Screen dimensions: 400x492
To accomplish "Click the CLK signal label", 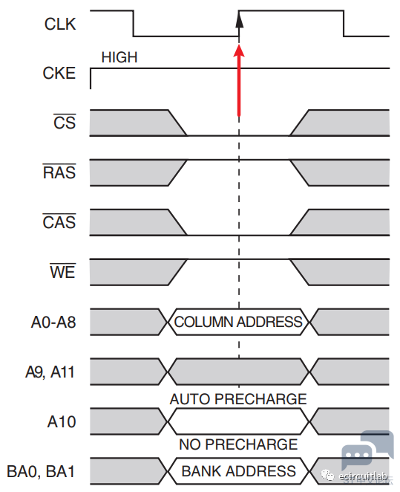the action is tap(60, 25).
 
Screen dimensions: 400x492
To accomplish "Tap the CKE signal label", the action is tap(59, 73).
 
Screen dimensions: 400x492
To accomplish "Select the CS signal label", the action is tap(65, 122).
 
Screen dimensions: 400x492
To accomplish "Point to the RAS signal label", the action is tap(59, 172).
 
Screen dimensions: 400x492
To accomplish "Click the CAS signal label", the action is tap(59, 221).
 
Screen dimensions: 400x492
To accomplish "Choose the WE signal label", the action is tap(62, 271).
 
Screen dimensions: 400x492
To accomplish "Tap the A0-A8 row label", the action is tap(53, 323).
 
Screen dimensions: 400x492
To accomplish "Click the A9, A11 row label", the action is tap(50, 372).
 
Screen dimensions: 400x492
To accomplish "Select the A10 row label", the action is tap(62, 421).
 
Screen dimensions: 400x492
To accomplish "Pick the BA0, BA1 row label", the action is tap(41, 472).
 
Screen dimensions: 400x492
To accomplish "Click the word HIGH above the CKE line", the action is tap(119, 57).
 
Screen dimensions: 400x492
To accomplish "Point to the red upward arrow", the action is tap(239, 80).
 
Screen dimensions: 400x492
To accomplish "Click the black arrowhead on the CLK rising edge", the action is tap(239, 20).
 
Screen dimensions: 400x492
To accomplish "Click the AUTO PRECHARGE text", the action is tap(238, 399).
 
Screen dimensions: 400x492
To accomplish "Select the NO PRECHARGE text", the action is tap(238, 444).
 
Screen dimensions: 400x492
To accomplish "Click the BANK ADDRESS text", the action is tap(239, 471).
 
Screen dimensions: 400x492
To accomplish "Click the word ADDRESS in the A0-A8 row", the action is tap(269, 322).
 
